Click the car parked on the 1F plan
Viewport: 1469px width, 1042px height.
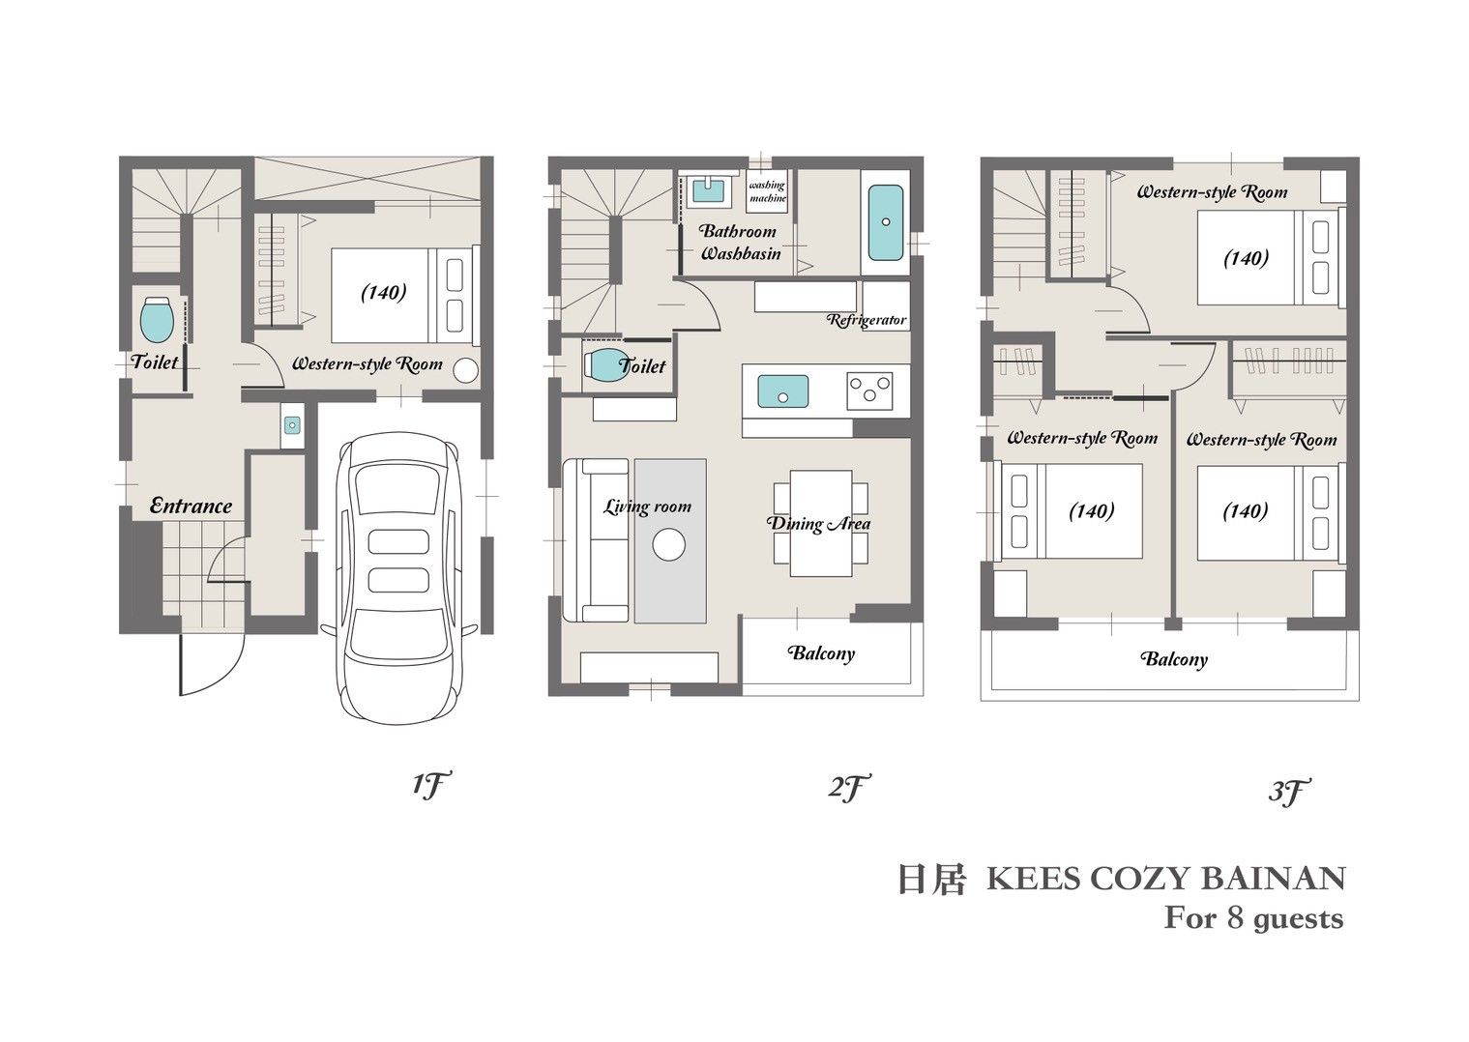pyautogui.click(x=398, y=578)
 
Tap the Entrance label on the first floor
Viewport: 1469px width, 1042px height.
pyautogui.click(x=191, y=506)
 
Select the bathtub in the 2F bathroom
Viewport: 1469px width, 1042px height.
pyautogui.click(x=886, y=222)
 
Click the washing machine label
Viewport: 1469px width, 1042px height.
pyautogui.click(x=767, y=191)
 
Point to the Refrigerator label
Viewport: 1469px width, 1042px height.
pyautogui.click(x=867, y=320)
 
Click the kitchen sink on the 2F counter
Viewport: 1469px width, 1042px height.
pyautogui.click(x=783, y=391)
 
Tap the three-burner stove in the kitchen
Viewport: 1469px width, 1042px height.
pyautogui.click(x=869, y=391)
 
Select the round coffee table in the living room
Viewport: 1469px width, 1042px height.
pyautogui.click(x=669, y=544)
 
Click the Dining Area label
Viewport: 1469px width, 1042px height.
pyautogui.click(x=818, y=524)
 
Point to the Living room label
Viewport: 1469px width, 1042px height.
pyautogui.click(x=647, y=507)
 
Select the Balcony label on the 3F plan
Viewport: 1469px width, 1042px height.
pyautogui.click(x=1174, y=659)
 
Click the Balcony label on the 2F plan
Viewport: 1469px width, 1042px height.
pyautogui.click(x=822, y=653)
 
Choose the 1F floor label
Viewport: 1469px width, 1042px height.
pyautogui.click(x=432, y=785)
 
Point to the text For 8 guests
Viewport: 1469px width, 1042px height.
pyautogui.click(x=1253, y=919)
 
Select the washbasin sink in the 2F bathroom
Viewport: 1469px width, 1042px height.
pyautogui.click(x=708, y=190)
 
